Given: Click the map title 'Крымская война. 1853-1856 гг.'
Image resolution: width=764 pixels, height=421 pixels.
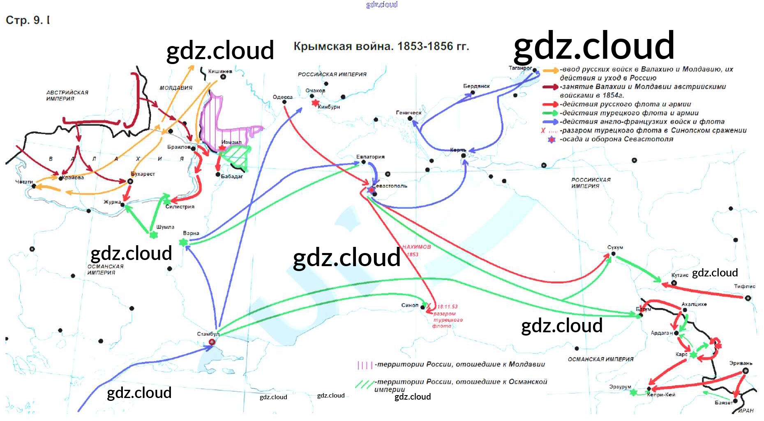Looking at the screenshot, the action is [x=381, y=46].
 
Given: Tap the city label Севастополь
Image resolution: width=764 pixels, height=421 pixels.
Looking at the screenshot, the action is [x=390, y=186].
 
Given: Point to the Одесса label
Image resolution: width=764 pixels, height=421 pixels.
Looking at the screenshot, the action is [x=282, y=97].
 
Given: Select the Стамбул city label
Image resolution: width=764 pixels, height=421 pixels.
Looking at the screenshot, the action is [x=208, y=334].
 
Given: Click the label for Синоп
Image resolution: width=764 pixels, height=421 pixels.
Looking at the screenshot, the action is [x=409, y=305].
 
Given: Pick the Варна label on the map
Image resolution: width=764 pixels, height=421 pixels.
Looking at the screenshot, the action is [x=191, y=233].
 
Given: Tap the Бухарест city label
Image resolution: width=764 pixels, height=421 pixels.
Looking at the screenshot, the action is [x=143, y=174].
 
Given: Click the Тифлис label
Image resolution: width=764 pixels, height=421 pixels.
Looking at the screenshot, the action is [x=744, y=286].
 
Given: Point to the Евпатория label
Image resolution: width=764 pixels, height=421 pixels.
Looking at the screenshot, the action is [x=370, y=157].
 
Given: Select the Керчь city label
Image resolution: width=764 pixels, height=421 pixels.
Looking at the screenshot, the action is [x=458, y=150].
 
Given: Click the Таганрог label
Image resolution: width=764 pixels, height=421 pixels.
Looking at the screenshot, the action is [x=520, y=68].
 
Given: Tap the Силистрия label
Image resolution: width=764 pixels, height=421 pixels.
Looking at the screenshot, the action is [x=180, y=207].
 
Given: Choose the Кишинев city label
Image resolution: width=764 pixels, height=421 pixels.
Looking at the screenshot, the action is [x=220, y=71].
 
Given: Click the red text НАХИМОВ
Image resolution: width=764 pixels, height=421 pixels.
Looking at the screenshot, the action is [x=416, y=247].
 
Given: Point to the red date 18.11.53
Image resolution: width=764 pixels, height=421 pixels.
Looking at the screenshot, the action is [x=447, y=306].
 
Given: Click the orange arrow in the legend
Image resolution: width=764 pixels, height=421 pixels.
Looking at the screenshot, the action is [x=550, y=71].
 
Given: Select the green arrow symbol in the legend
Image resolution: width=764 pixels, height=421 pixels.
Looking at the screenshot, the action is [x=550, y=113].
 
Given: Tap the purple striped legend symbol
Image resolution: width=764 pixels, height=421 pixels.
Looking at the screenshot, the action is [x=365, y=365].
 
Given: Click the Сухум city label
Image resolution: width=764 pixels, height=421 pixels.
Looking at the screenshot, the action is [x=615, y=247].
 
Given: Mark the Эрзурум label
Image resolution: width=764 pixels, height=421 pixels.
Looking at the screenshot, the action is [x=620, y=387].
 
